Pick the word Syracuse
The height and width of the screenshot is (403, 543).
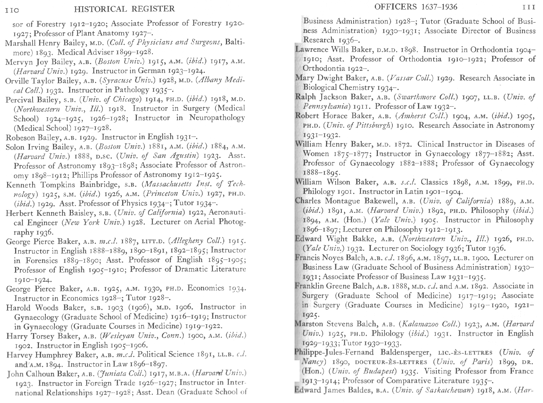[x=117, y=81]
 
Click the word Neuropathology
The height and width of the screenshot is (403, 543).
[x=217, y=118]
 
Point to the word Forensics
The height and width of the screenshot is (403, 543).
[x=42, y=260]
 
